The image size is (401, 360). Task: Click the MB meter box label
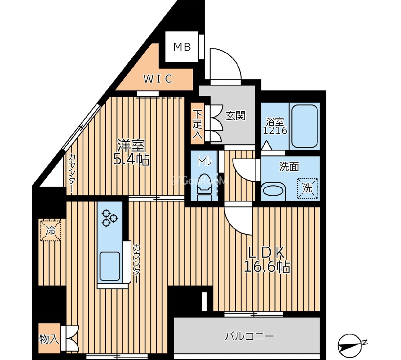[182, 47]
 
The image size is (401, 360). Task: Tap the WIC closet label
[158, 79]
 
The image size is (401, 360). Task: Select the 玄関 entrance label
[235, 115]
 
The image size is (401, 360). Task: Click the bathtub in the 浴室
[304, 126]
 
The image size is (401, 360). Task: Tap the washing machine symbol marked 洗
[307, 188]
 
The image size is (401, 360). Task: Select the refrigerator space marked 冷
[50, 230]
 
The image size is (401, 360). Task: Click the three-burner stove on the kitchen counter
[109, 218]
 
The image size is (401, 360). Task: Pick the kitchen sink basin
[110, 266]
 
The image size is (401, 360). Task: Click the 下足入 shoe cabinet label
[198, 124]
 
